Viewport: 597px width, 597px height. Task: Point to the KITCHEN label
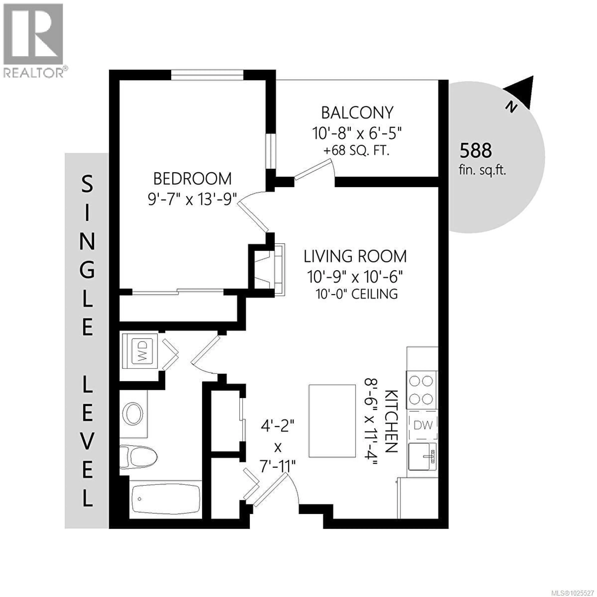tap(391, 421)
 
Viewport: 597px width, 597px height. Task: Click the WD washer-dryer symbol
tap(142, 351)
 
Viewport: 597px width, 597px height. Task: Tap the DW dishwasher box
tap(423, 425)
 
